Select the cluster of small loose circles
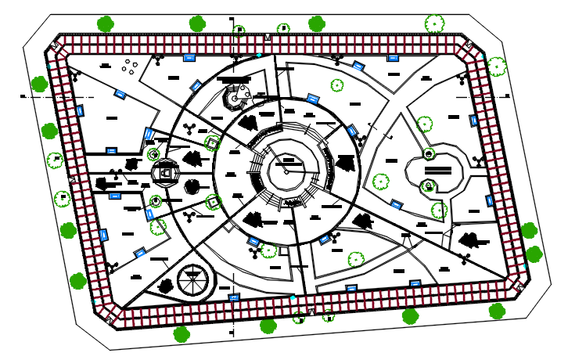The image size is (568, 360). click(130, 67)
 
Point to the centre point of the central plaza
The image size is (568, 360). click(286, 171)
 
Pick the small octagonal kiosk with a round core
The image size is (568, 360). click(234, 99)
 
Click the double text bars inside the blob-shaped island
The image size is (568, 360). click(437, 170)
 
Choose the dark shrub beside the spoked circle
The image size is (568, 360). click(166, 286)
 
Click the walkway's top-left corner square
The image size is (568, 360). click(55, 47)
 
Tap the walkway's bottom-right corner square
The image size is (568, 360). click(519, 287)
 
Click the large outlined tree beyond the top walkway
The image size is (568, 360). click(435, 23)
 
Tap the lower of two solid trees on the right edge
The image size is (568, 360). click(534, 254)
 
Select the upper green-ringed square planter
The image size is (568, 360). click(212, 143)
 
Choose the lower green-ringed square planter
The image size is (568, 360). click(213, 202)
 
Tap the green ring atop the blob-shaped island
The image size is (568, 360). click(428, 154)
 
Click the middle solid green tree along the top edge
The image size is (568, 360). click(197, 23)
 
